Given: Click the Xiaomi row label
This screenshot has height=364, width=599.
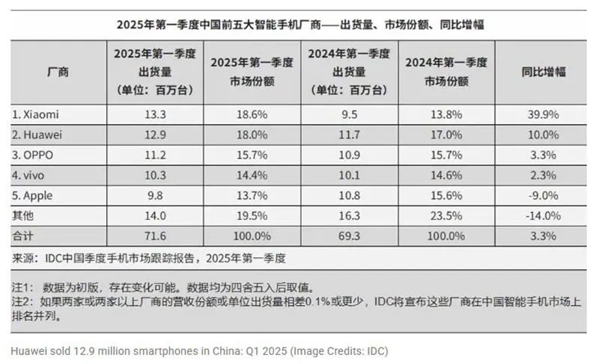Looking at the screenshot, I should coord(35,114).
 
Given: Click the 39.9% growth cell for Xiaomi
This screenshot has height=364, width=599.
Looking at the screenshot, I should coord(544,114).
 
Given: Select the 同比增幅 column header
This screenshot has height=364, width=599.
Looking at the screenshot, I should coord(544,73).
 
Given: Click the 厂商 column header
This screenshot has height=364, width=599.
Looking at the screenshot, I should coord(58,73).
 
